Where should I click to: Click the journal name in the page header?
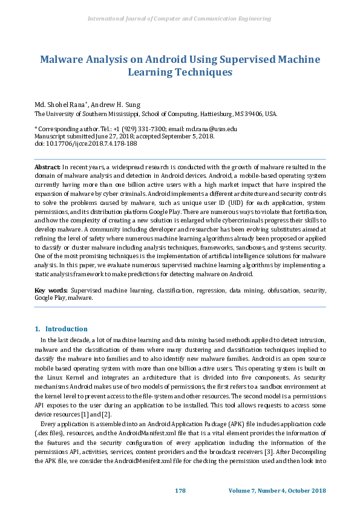[x=179, y=19]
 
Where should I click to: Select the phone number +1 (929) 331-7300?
[x=142, y=129]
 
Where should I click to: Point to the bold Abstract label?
[x=47, y=166]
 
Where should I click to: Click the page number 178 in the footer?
[x=180, y=490]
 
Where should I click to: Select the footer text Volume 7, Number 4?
[x=258, y=490]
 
